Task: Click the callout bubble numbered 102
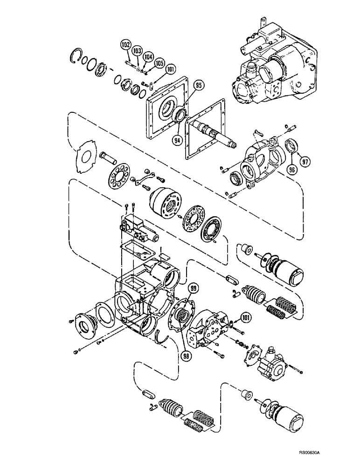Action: [x=125, y=45]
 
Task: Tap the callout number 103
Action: [x=137, y=49]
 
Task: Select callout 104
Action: [x=148, y=56]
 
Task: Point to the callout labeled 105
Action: [x=159, y=62]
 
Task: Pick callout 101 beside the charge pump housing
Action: [x=247, y=319]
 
